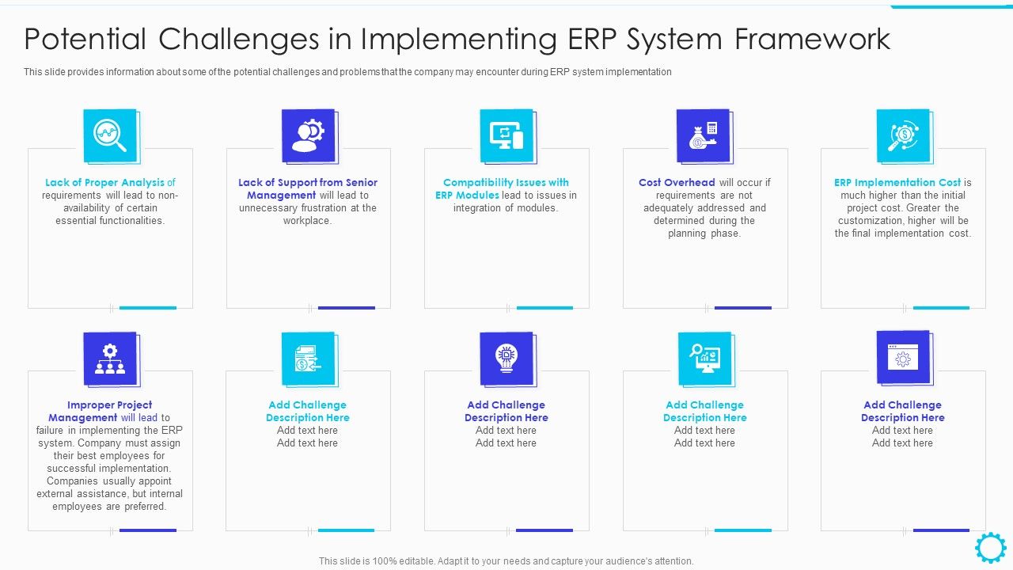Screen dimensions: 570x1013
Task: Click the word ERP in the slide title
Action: [x=596, y=39]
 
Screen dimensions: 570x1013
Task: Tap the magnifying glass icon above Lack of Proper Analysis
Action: [x=110, y=135]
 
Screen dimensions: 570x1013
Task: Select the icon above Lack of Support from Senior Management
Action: [x=308, y=135]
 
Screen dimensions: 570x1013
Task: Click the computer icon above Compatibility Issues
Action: [x=506, y=135]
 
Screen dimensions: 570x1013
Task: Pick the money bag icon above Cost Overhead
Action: [x=704, y=135]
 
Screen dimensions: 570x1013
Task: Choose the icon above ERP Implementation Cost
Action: [x=902, y=135]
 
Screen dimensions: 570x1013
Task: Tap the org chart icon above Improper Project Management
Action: [x=110, y=358]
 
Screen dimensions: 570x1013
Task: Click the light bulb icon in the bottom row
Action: [x=506, y=358]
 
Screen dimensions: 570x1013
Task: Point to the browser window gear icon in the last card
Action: [x=902, y=358]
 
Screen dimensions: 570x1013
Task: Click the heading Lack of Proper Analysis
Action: [x=104, y=183]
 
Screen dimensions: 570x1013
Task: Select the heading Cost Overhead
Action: [x=677, y=183]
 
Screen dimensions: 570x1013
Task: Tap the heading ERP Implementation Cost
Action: [x=897, y=183]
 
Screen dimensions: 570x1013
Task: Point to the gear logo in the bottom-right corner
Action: [x=990, y=548]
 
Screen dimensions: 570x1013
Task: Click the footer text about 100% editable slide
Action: [x=506, y=561]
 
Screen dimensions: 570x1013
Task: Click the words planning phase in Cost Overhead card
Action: [x=704, y=234]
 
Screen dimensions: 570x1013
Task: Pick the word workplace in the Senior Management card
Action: [x=307, y=221]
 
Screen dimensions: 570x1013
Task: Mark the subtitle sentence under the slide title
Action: [x=347, y=72]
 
